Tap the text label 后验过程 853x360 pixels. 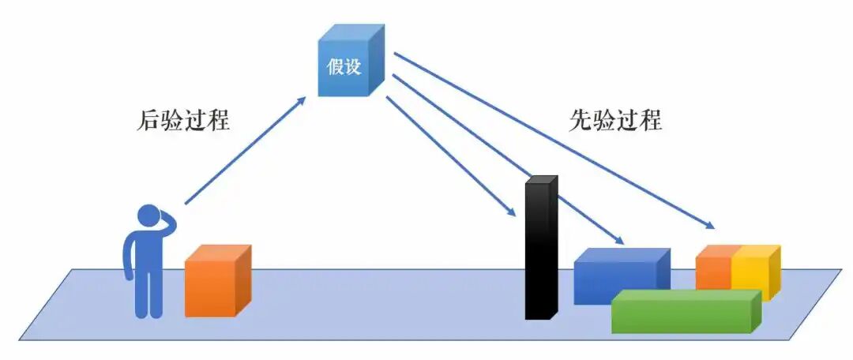click(184, 120)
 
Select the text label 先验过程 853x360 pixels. click(615, 120)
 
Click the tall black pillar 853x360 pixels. click(539, 253)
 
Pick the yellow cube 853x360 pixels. click(753, 272)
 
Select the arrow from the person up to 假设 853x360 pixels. click(245, 150)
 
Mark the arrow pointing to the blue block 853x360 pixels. click(505, 158)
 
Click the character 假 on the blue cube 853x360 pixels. click(335, 67)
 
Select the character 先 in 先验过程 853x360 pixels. click(581, 120)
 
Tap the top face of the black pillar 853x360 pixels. click(543, 180)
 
